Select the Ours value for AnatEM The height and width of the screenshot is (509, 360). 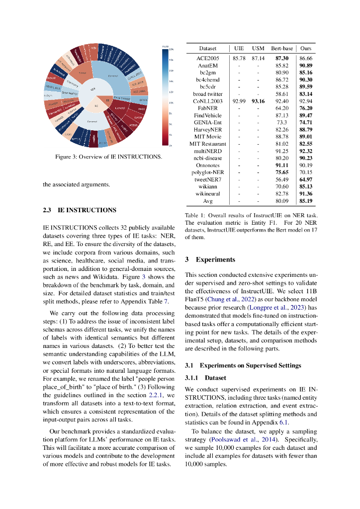(306, 66)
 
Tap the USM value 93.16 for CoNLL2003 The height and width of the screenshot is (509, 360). (258, 101)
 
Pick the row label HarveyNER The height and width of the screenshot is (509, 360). (207, 130)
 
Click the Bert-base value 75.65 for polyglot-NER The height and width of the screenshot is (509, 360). (282, 172)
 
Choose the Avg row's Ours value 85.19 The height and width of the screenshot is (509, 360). (306, 201)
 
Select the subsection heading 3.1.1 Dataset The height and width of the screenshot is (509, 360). (205, 378)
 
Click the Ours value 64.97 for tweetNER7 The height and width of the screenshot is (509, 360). (306, 179)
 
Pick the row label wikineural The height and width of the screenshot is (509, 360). (207, 194)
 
